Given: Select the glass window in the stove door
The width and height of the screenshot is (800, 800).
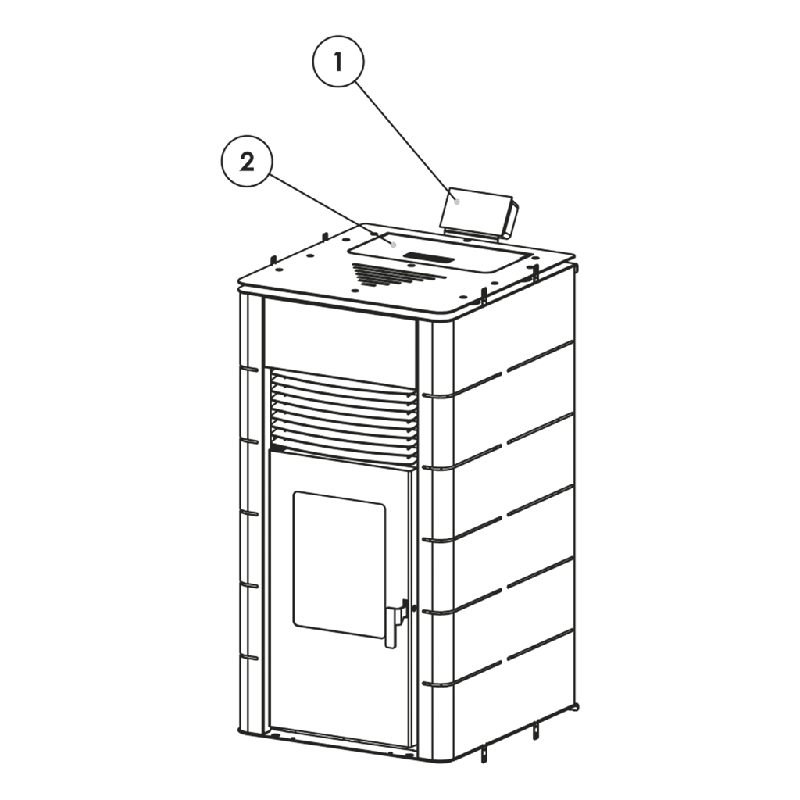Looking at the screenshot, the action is [339, 564].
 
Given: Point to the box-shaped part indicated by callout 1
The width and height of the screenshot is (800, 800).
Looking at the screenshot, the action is [479, 214].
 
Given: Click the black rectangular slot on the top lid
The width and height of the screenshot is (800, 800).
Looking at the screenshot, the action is [429, 258].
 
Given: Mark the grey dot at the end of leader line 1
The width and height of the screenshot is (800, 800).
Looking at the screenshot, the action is [457, 202].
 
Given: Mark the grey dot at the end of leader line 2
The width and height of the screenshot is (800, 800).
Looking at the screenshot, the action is [394, 245].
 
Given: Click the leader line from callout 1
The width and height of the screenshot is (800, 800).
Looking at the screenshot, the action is [405, 141].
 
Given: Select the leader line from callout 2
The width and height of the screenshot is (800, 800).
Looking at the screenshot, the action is [331, 209].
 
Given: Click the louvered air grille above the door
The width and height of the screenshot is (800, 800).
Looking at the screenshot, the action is [344, 417].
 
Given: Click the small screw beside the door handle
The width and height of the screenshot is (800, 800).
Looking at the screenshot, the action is [413, 608].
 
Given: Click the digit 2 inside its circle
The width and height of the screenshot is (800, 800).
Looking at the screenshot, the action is [247, 162].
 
